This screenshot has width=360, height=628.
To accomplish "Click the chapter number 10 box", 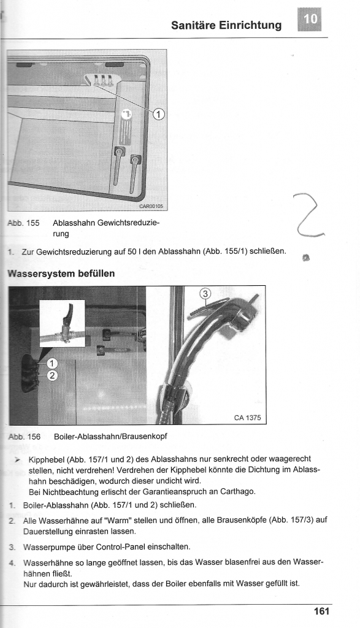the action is coord(309,20).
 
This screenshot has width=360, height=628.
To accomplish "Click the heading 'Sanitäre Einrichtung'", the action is coord(226,25).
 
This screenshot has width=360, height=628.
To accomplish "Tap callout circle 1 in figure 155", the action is coord(159,115).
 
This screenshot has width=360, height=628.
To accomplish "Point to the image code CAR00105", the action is coord(151,206).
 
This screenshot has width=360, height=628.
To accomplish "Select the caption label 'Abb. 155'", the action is coord(24,223).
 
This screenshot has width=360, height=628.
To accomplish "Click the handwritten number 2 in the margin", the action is coord(308,215).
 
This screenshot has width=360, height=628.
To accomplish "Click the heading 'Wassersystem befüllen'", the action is coord(61,274).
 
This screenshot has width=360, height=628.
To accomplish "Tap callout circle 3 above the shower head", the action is coord(205,294).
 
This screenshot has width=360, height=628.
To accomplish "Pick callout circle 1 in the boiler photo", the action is coord(53,364).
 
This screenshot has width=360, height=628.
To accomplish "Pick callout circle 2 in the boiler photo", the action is coord(53,375).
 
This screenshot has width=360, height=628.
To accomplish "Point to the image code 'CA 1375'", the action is coord(247,418).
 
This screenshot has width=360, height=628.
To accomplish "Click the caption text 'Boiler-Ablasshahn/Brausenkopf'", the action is coord(110,437).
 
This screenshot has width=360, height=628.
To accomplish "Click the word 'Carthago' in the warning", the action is coord(239,491).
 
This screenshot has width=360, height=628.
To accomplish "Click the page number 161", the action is coord(321,611).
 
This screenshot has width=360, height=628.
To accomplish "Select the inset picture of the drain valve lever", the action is coord(63,323).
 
